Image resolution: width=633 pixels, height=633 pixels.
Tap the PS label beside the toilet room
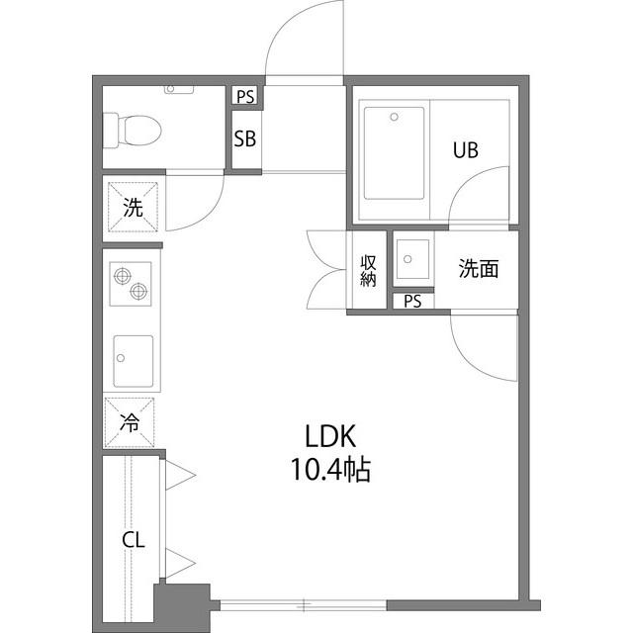[x=245, y=97]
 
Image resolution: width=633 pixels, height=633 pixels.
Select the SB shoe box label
[x=245, y=138]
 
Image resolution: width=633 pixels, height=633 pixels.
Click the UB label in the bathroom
[x=466, y=150]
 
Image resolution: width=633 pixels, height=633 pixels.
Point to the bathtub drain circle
[x=394, y=117]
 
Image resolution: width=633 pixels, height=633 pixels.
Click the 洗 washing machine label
[x=133, y=208]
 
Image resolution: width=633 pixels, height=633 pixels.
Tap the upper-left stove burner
[x=123, y=277]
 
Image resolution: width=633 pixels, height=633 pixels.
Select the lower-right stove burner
[x=138, y=291]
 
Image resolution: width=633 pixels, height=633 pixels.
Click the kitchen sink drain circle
[x=121, y=358]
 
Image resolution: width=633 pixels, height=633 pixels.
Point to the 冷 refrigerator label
[x=130, y=423]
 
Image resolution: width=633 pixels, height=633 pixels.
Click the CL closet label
[x=134, y=540]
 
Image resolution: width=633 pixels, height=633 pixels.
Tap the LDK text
[x=330, y=436]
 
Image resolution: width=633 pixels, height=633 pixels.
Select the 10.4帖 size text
[x=330, y=470]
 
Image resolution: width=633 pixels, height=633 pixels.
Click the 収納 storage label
[x=368, y=271]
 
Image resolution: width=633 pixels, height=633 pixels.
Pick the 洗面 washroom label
[x=479, y=268]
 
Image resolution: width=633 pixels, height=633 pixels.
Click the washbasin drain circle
[x=407, y=259]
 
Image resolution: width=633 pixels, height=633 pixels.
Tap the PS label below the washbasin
[x=412, y=301]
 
